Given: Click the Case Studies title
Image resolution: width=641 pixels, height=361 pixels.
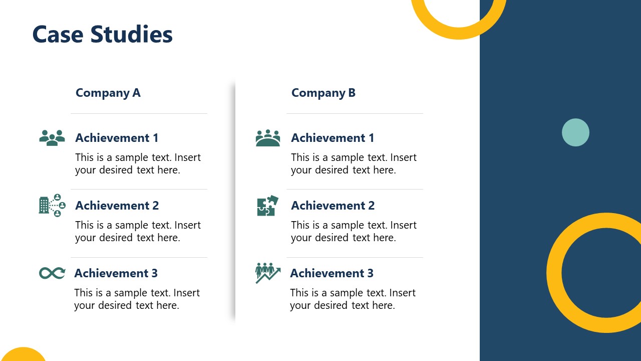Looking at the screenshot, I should (102, 35).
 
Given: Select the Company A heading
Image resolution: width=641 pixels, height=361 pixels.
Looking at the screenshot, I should (108, 93).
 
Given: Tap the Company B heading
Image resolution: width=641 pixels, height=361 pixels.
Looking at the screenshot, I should (323, 93).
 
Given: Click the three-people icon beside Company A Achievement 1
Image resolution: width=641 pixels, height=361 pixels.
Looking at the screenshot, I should (52, 138).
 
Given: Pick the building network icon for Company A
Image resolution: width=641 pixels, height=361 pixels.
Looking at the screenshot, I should (52, 206).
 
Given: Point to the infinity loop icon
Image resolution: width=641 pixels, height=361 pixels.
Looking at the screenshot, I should (52, 273).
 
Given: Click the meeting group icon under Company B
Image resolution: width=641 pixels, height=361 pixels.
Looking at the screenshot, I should (268, 138).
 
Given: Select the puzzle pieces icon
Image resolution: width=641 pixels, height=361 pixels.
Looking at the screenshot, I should (267, 206).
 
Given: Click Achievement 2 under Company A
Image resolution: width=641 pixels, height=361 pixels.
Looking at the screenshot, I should (117, 206).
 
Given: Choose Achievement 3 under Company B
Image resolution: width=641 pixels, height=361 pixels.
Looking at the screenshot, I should (332, 273).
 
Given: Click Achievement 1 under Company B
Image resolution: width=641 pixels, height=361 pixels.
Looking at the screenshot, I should (333, 138).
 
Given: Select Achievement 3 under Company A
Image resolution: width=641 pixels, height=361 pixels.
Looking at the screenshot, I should (116, 273).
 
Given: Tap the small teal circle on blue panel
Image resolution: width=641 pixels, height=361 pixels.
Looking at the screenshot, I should (575, 132).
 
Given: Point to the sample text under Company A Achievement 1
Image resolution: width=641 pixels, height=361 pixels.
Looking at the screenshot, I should (138, 163).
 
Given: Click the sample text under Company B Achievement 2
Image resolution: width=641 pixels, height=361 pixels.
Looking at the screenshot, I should (354, 231).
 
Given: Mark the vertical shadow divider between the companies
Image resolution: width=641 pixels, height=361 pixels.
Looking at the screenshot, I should (234, 201).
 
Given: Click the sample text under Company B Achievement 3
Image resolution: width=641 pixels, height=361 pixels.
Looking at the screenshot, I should (353, 299).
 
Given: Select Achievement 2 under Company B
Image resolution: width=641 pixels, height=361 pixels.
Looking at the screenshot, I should (333, 206).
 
